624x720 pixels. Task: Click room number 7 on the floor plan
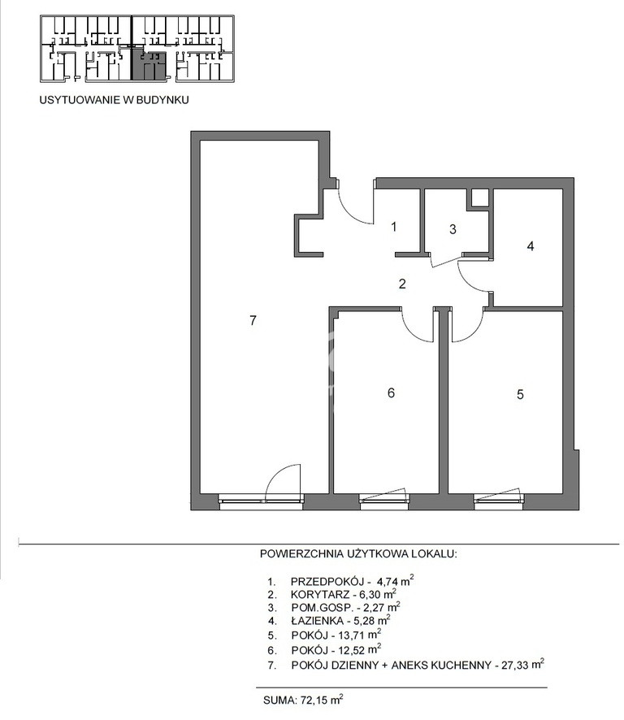pos(253,320)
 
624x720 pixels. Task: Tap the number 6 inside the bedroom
pos(391,393)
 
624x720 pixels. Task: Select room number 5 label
pos(520,394)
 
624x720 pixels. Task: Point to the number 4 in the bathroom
pos(531,246)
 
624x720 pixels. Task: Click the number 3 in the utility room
pos(453,229)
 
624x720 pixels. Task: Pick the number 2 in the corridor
pos(402,284)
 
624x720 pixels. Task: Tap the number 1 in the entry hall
pos(393,227)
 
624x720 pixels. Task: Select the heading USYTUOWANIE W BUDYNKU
pos(114,100)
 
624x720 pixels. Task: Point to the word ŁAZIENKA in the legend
pos(317,622)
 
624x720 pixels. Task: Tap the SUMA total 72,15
pos(303,700)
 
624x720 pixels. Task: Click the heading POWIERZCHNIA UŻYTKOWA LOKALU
pos(358,553)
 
